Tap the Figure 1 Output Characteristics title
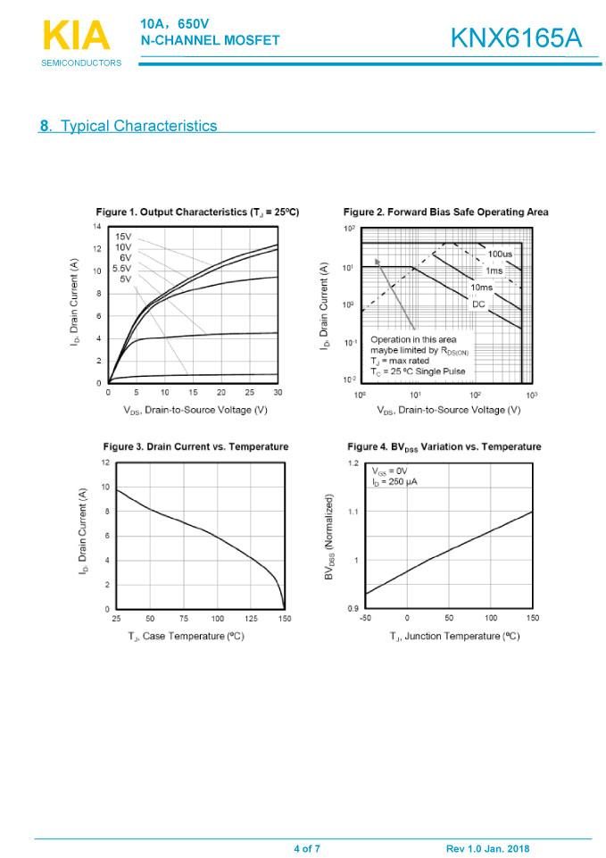point(197,212)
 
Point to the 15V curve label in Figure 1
point(124,237)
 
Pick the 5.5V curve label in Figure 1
point(122,268)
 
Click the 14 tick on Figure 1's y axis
point(98,227)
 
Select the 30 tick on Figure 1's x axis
point(277,392)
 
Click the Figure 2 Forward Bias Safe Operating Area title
point(445,212)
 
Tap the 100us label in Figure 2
point(500,254)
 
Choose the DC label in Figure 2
point(478,304)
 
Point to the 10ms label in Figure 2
point(481,287)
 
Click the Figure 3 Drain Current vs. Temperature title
point(195,446)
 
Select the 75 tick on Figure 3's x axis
point(184,618)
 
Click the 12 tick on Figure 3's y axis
point(105,462)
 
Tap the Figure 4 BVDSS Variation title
point(444,446)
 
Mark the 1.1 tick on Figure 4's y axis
point(353,512)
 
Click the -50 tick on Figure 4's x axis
point(365,618)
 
